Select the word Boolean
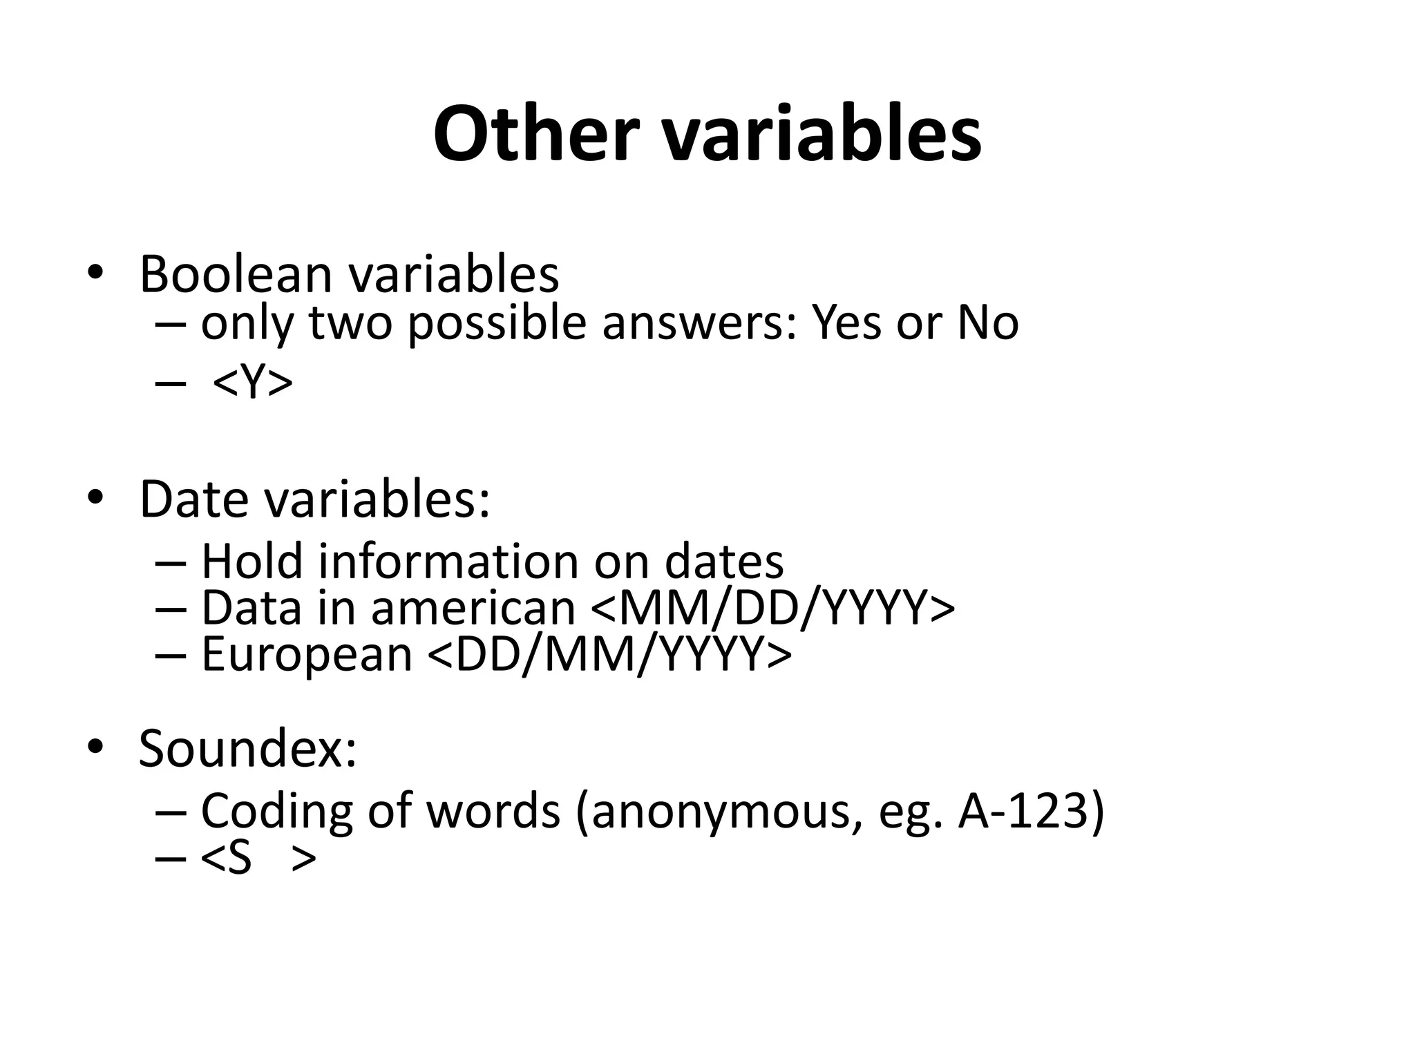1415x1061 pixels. click(x=236, y=274)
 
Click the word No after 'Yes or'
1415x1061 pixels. click(x=988, y=323)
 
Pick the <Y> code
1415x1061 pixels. click(x=252, y=382)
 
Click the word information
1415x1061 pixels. click(x=448, y=561)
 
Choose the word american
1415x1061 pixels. click(x=473, y=608)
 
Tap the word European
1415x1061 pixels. click(x=307, y=654)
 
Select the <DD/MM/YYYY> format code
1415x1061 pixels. click(x=609, y=654)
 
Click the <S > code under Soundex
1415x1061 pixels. click(x=258, y=859)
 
